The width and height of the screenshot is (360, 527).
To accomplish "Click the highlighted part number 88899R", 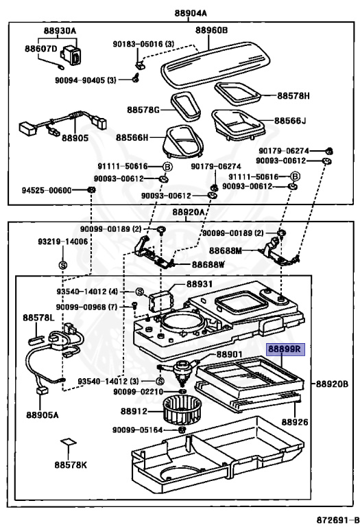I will [284, 349].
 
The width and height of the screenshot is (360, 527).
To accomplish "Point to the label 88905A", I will [43, 414].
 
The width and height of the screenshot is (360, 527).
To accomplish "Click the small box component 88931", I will [161, 298].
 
